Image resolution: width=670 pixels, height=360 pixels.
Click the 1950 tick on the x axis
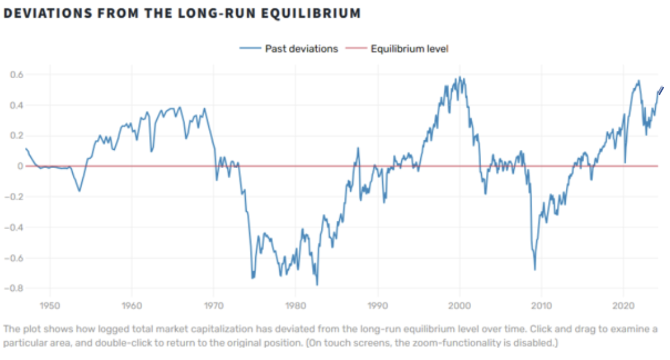point(50,306)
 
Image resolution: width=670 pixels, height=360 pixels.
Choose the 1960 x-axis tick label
point(131,306)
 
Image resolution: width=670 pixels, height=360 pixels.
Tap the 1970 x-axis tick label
point(214,306)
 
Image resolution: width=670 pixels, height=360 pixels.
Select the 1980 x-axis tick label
point(295,306)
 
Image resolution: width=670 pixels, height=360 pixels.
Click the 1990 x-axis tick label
point(377,306)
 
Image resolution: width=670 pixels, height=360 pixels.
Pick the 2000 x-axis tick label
point(459,306)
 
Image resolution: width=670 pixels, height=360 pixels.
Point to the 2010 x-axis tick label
point(541,306)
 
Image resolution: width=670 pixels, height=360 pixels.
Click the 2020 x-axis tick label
point(623,306)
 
